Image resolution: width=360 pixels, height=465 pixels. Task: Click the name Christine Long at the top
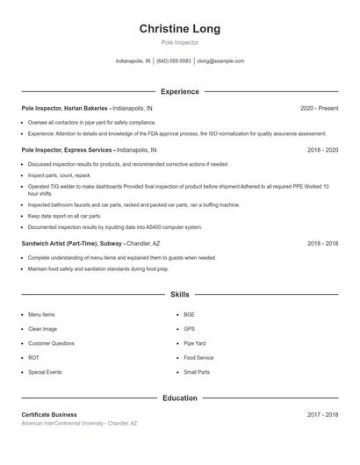click(x=179, y=29)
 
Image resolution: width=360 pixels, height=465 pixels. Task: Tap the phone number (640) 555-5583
click(x=174, y=61)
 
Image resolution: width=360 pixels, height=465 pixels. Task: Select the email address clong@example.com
click(x=220, y=61)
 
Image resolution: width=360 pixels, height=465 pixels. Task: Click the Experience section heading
click(x=179, y=91)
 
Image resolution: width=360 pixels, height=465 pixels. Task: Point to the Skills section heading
click(x=179, y=295)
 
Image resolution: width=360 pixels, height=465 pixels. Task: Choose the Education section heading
click(x=179, y=398)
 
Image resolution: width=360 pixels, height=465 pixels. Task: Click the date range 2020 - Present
click(x=319, y=109)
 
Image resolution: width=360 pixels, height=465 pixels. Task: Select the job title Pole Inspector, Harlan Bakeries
click(x=65, y=109)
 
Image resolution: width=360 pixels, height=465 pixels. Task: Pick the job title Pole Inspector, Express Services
click(x=68, y=150)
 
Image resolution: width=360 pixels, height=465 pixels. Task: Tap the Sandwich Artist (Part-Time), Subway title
click(x=72, y=243)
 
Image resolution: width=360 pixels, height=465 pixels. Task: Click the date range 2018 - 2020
click(x=322, y=150)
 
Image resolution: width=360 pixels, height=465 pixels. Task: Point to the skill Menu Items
click(x=41, y=314)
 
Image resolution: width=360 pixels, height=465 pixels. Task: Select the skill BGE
click(x=190, y=314)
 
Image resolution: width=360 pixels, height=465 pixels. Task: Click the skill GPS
click(x=190, y=329)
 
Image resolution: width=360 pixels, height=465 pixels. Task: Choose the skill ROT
click(x=33, y=358)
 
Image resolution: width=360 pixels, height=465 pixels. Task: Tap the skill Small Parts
click(x=197, y=372)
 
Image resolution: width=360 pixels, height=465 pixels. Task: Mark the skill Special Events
click(x=45, y=372)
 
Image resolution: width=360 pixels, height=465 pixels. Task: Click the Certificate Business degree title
click(x=49, y=414)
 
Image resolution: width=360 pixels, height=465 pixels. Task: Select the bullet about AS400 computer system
click(x=114, y=226)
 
